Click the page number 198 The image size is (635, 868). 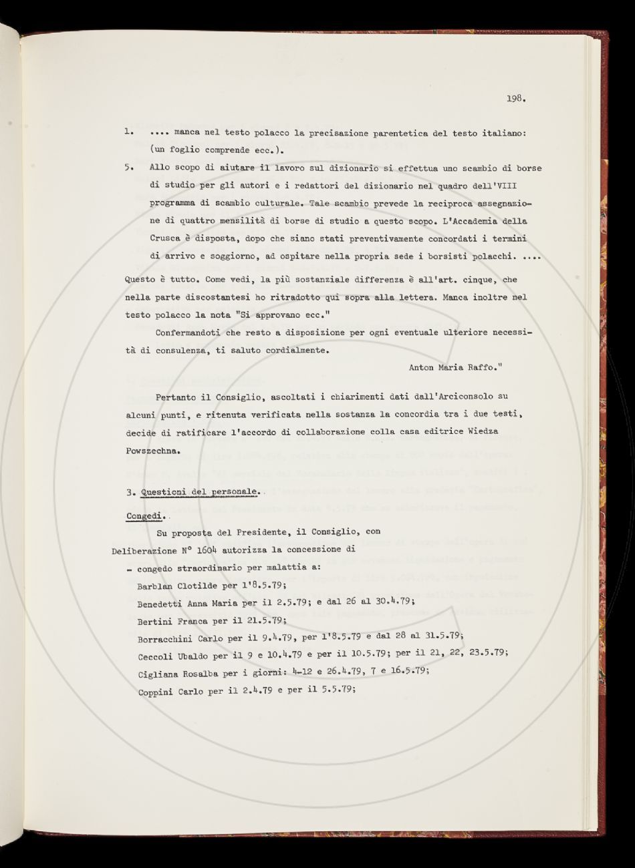coord(516,99)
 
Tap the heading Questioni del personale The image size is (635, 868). coord(199,492)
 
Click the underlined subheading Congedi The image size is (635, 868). coord(146,516)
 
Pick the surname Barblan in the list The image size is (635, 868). coord(156,586)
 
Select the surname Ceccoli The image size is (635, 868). coord(156,656)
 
